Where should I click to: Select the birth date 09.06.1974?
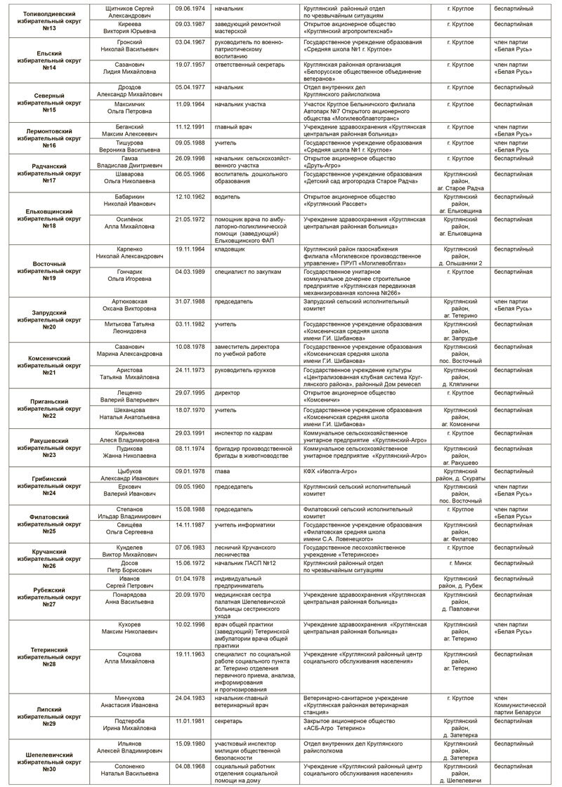[x=189, y=8]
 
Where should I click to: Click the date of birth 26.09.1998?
[x=189, y=158]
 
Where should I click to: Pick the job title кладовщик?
[x=230, y=249]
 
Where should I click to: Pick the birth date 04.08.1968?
[x=189, y=766]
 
